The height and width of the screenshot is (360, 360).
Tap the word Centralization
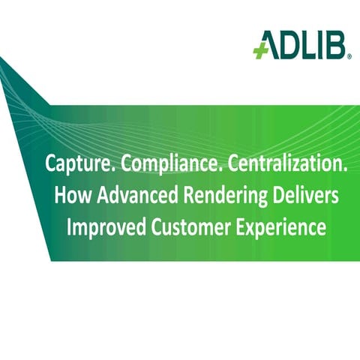(x=277, y=166)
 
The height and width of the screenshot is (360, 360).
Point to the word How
(x=72, y=196)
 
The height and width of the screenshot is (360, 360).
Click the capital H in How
(x=61, y=196)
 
